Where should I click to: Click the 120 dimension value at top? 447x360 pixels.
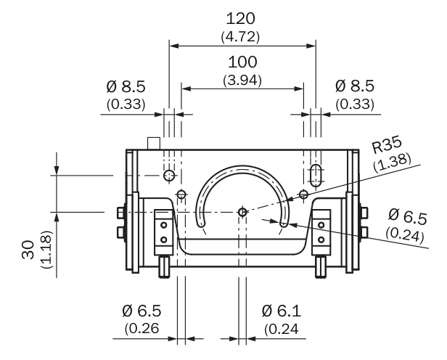click(x=241, y=19)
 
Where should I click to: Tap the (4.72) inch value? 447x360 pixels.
click(x=240, y=37)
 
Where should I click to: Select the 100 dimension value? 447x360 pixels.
click(x=242, y=62)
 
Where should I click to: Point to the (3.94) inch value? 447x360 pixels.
click(x=242, y=81)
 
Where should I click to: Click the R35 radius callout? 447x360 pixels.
click(x=387, y=144)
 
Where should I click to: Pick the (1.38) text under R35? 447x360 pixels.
click(x=393, y=162)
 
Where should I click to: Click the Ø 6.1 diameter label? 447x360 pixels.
click(x=281, y=311)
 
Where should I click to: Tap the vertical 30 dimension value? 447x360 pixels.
click(x=28, y=250)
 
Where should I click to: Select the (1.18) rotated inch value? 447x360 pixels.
click(x=46, y=249)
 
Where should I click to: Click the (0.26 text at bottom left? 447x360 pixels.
click(x=142, y=329)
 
